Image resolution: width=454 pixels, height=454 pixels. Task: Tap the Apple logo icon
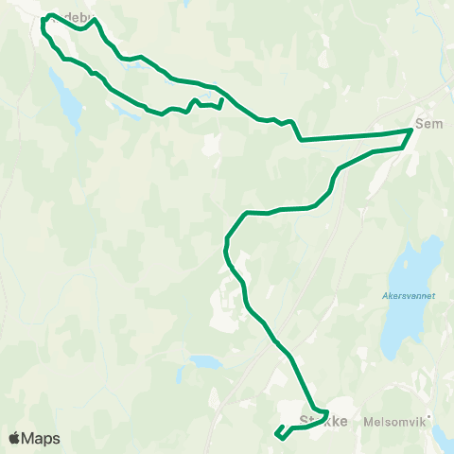click(x=15, y=438)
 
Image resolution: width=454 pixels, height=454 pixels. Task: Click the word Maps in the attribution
click(x=43, y=439)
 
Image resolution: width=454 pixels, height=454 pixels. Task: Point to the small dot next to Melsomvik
click(x=428, y=417)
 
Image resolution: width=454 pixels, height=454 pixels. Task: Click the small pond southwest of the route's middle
click(x=203, y=361)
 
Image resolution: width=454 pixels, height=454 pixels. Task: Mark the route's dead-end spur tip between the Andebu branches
click(x=221, y=98)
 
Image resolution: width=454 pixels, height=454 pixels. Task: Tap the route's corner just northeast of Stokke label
click(x=326, y=413)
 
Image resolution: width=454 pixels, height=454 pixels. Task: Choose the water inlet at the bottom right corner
click(x=443, y=436)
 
